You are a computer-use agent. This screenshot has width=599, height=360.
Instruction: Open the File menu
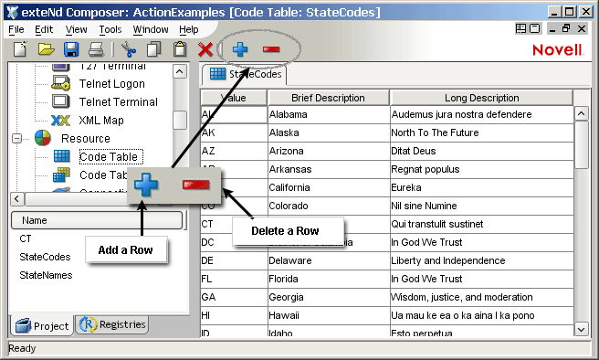pyautogui.click(x=16, y=29)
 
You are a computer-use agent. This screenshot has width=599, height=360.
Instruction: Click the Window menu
pyautogui.click(x=150, y=29)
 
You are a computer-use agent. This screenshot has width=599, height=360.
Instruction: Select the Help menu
pyautogui.click(x=189, y=29)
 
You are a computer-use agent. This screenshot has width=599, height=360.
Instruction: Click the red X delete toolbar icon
pyautogui.click(x=205, y=49)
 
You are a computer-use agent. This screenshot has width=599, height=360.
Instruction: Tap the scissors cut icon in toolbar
pyautogui.click(x=129, y=49)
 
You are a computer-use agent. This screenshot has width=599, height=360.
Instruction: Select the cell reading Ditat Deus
pyautogui.click(x=481, y=151)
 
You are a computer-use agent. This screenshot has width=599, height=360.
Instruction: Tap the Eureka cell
pyautogui.click(x=481, y=187)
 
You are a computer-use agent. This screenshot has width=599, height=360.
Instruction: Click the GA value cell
pyautogui.click(x=234, y=297)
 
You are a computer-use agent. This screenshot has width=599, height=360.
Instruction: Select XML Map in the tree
pyautogui.click(x=100, y=120)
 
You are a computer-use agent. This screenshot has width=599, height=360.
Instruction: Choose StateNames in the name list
pyautogui.click(x=45, y=275)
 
